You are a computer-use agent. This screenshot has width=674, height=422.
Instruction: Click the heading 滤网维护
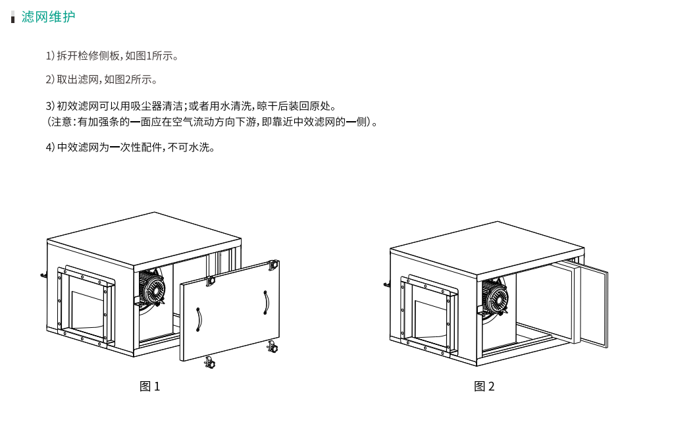[x=48, y=16]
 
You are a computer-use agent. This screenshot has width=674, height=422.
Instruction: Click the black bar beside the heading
[x=13, y=17]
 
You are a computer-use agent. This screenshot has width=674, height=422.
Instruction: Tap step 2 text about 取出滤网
[x=101, y=80]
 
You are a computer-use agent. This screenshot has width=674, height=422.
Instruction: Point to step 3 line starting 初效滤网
[x=191, y=106]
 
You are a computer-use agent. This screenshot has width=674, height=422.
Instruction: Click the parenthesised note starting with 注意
[x=212, y=122]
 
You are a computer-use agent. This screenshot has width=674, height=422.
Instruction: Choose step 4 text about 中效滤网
[x=130, y=147]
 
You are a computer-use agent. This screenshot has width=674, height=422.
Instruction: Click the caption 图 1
[x=149, y=386]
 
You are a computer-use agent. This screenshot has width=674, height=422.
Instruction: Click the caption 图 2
[x=484, y=386]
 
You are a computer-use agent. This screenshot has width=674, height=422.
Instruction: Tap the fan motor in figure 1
[x=151, y=287]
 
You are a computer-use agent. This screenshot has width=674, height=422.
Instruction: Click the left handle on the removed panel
[x=199, y=319]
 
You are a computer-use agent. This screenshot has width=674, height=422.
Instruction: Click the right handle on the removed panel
[x=266, y=303]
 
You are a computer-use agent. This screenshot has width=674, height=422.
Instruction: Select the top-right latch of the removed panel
[x=273, y=265]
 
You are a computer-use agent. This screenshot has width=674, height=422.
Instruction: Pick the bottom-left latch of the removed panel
[x=210, y=363]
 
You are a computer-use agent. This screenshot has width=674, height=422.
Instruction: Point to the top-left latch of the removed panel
[x=210, y=280]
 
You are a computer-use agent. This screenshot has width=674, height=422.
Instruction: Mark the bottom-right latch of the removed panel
[x=272, y=346]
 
